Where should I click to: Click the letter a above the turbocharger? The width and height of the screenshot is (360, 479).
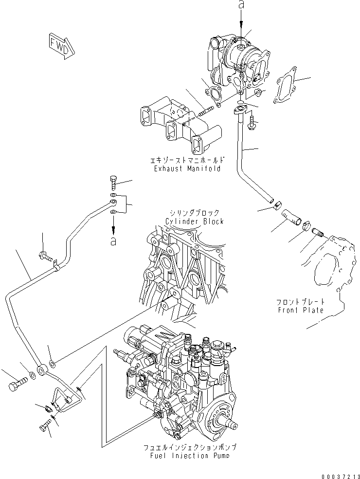point(241,5)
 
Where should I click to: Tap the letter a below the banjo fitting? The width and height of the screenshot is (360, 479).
point(113,240)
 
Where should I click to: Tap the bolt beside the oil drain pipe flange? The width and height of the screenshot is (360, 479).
point(252,121)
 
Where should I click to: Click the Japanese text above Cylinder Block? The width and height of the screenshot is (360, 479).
point(194,213)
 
